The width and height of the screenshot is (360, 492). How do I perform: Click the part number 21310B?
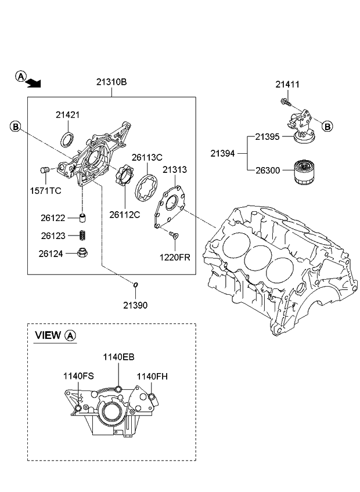[111, 82]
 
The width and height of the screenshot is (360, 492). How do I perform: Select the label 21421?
[67, 115]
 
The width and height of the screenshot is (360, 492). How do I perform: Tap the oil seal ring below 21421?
[68, 140]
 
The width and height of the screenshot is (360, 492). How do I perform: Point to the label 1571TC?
[46, 190]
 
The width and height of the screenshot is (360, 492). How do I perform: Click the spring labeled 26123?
[82, 236]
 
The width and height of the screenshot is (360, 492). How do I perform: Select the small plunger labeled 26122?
[82, 219]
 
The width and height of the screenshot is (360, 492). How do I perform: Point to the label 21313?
[174, 169]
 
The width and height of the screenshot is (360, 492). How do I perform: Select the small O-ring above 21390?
[135, 285]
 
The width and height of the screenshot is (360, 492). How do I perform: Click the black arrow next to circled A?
[35, 83]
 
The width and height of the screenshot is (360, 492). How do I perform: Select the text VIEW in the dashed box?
[48, 335]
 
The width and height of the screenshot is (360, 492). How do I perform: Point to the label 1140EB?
[118, 357]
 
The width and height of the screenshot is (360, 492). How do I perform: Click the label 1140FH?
[152, 376]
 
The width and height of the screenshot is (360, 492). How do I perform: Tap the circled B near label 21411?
[327, 126]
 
